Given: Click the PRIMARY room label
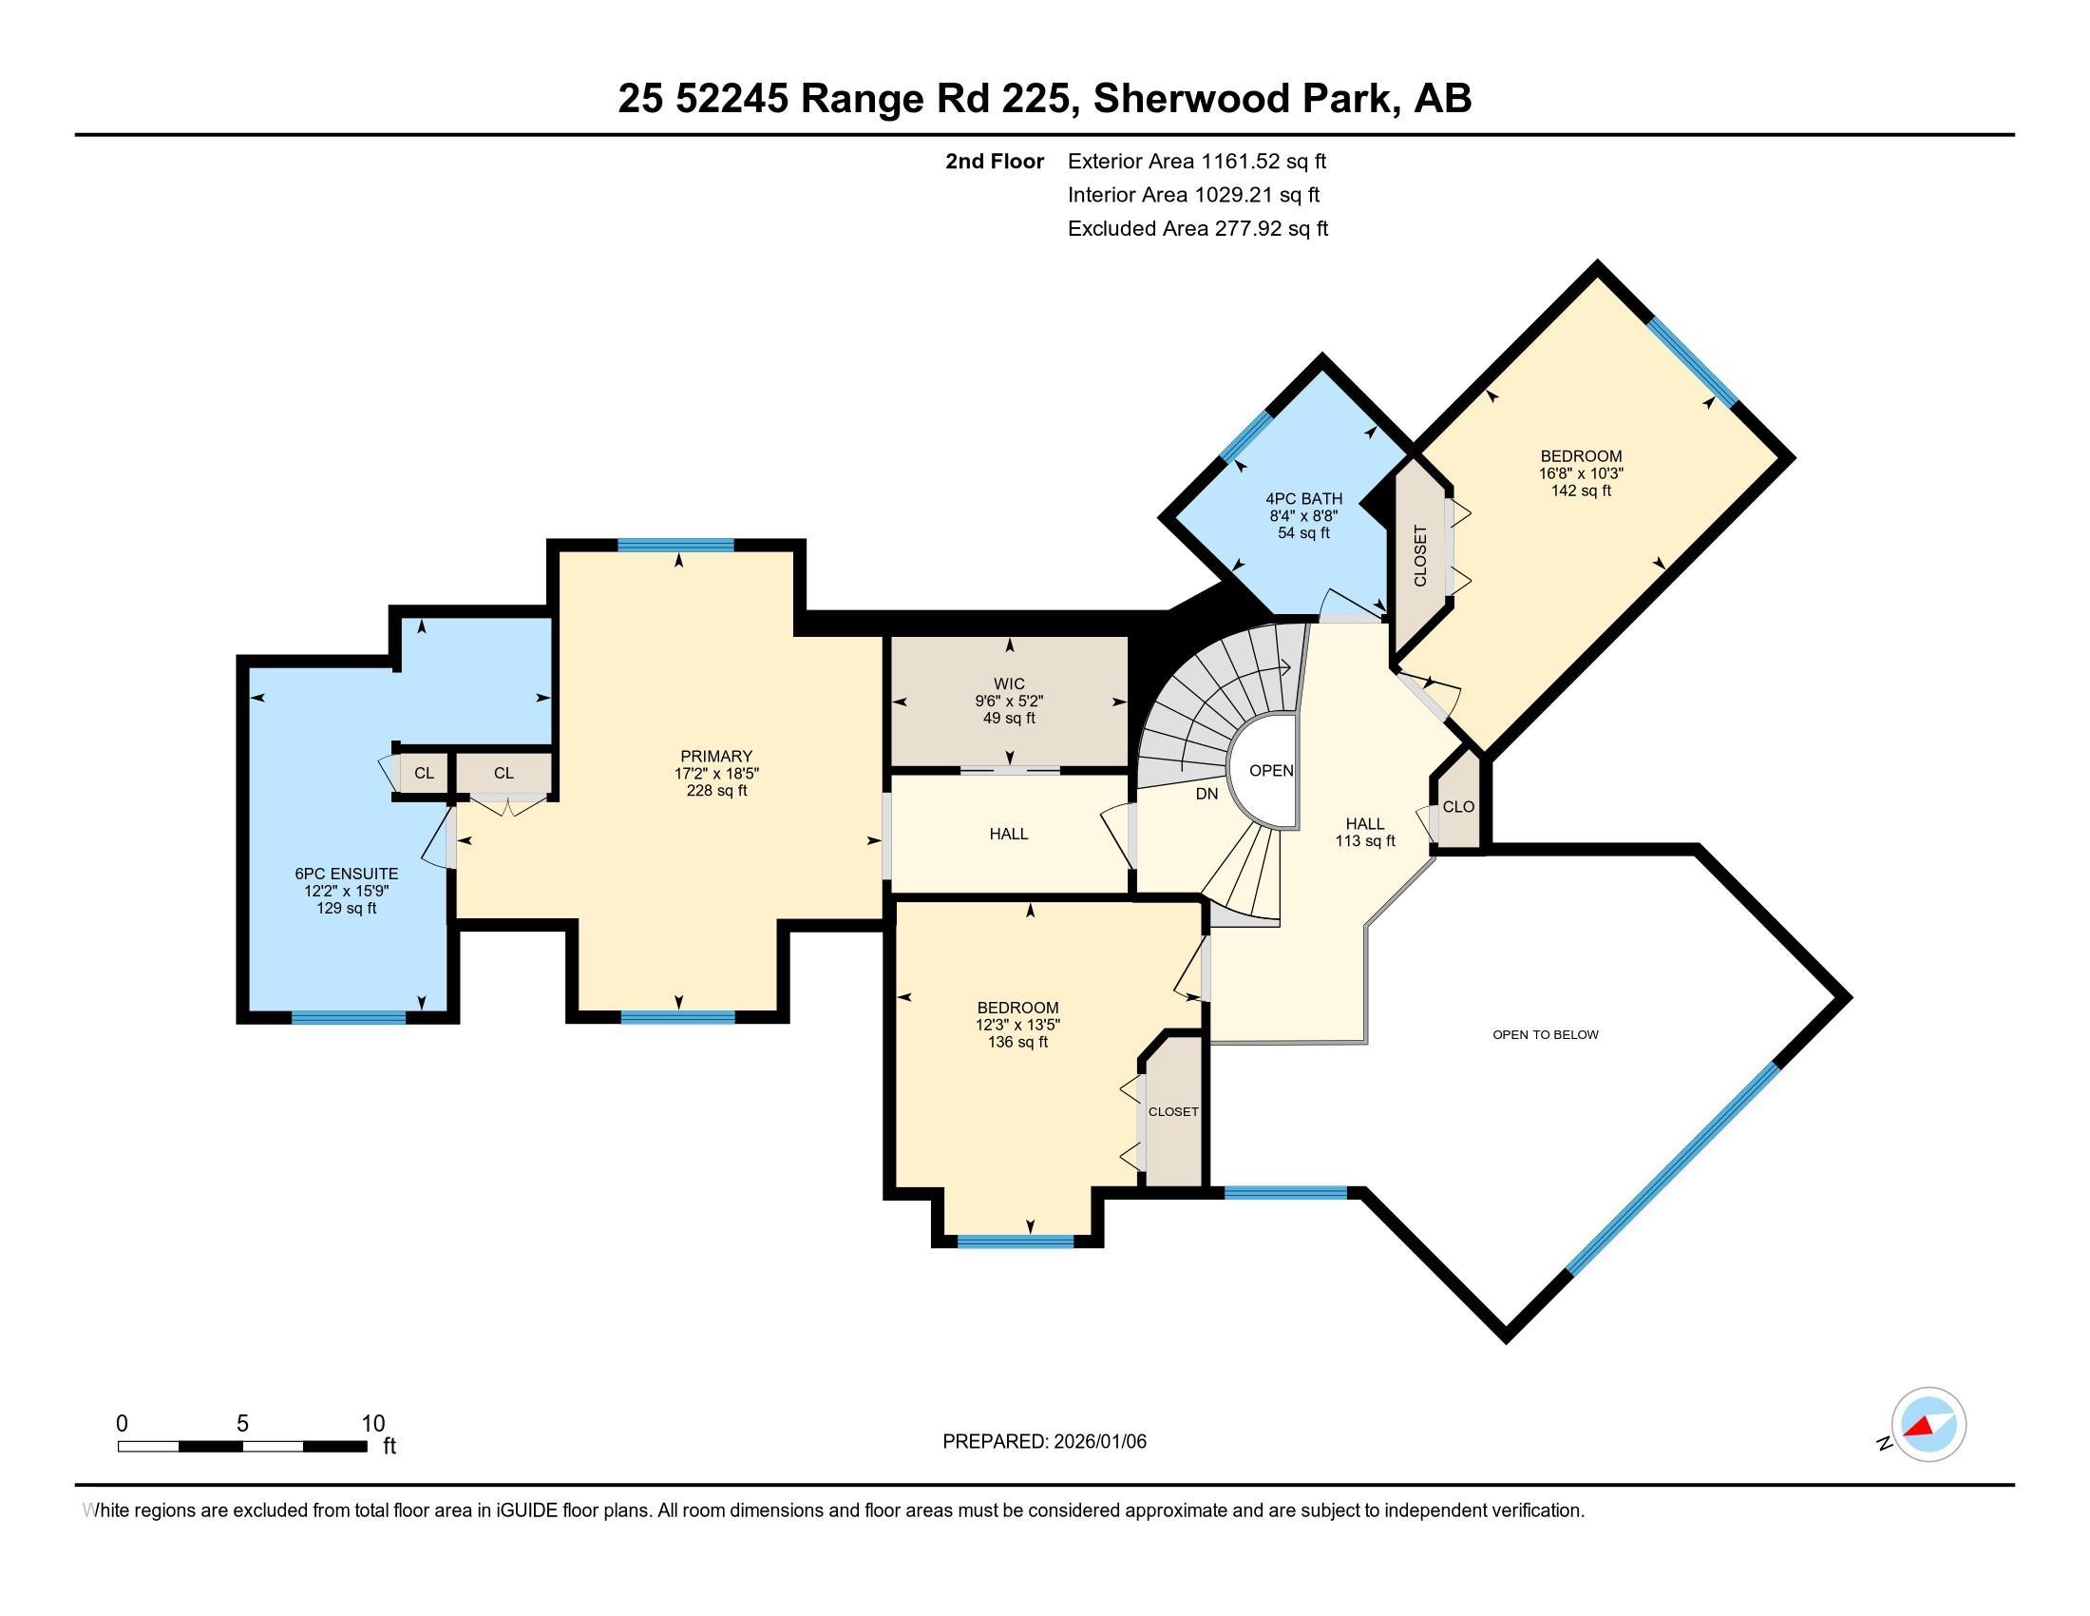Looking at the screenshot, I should tap(715, 756).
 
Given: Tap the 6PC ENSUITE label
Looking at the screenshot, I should tap(346, 873).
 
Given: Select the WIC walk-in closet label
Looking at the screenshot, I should tap(1009, 683).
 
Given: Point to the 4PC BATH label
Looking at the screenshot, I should tap(1303, 499).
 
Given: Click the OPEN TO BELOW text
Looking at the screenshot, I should tap(1545, 1034).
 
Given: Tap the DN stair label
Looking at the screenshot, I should tap(1206, 794).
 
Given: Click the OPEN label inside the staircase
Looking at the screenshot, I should tap(1271, 770).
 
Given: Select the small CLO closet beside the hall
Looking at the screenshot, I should tap(1457, 807).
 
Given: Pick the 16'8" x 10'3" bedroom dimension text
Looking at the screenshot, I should tap(1581, 473).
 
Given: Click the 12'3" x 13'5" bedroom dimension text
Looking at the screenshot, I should tap(1017, 1025).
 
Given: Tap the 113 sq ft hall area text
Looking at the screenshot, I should tap(1364, 840).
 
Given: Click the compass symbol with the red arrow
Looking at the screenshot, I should tap(1928, 1425).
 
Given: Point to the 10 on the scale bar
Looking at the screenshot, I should tap(372, 1424).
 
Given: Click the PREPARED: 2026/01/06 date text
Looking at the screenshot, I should tap(1044, 1442).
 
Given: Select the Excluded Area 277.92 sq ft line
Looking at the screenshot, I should tap(1197, 229).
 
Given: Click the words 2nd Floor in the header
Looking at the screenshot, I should tap(994, 161).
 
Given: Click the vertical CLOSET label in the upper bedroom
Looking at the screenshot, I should tap(1420, 555).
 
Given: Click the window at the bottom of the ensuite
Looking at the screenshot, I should tap(349, 1017).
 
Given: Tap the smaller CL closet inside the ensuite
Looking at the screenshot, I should tap(424, 773).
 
